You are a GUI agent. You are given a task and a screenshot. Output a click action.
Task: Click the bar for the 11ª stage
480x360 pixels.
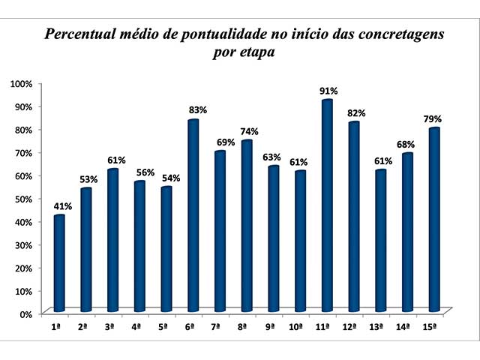(x=327, y=205)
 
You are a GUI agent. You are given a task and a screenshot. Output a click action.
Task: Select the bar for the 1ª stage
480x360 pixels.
(x=59, y=263)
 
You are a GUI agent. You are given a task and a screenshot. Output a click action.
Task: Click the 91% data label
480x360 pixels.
(x=328, y=91)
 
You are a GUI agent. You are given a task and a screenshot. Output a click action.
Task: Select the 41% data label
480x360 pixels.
(x=61, y=206)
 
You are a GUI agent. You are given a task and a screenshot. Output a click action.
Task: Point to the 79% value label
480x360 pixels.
(x=432, y=119)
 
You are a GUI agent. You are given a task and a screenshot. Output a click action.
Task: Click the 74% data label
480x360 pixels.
(x=248, y=131)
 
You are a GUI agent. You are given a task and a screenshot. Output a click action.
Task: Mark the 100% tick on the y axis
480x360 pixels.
(x=22, y=83)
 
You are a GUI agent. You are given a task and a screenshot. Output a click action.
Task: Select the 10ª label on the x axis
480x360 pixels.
(x=295, y=327)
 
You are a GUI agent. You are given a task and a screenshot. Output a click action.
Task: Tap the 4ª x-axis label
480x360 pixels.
(x=136, y=327)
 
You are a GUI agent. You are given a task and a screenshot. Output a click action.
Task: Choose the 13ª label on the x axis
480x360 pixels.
(x=376, y=327)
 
